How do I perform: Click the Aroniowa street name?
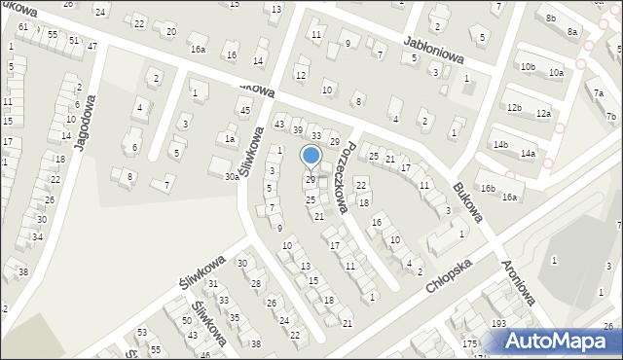[x=518, y=282]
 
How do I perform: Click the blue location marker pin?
[x=311, y=156]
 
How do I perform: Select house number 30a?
[x=231, y=177]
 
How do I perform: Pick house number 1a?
[x=231, y=139]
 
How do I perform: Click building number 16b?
[x=488, y=188]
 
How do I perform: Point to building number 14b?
[x=500, y=145]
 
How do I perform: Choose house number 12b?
[x=514, y=107]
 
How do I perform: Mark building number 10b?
[x=528, y=66]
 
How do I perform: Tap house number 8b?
[x=551, y=18]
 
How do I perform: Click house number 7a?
[x=598, y=94]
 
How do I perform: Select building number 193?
[x=498, y=322]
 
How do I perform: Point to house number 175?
[x=469, y=343]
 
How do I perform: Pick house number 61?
[x=22, y=27]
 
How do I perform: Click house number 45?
[x=245, y=111]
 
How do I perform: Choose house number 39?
[x=298, y=130]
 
